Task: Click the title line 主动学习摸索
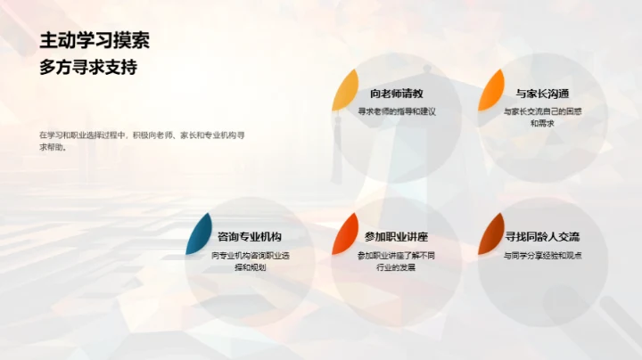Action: coord(95,40)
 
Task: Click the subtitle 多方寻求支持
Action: coord(88,67)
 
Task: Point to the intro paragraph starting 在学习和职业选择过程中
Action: coord(143,141)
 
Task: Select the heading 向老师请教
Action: coord(396,94)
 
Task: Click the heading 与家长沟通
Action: coord(542,94)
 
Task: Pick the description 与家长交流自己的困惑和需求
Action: coord(542,117)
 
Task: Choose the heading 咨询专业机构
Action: coord(250,237)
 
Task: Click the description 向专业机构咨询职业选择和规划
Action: coord(250,260)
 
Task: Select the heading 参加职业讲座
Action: coord(396,237)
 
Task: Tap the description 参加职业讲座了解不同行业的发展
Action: coord(396,260)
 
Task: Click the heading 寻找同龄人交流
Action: coord(542,237)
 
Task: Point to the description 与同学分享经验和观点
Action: coord(542,255)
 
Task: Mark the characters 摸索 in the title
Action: coord(133,40)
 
